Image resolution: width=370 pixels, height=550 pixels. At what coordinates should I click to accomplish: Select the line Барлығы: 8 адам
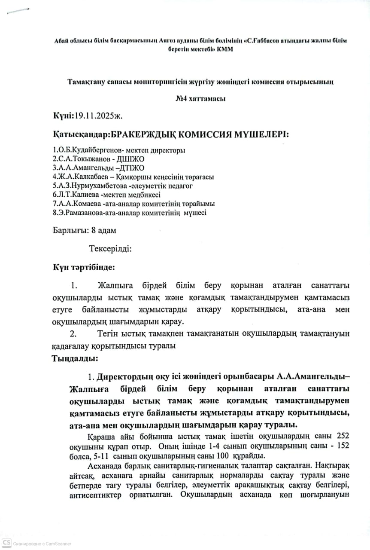85,230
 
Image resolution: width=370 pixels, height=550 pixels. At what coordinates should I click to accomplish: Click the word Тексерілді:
110,248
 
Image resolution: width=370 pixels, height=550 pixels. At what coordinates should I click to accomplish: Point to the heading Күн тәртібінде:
84,267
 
